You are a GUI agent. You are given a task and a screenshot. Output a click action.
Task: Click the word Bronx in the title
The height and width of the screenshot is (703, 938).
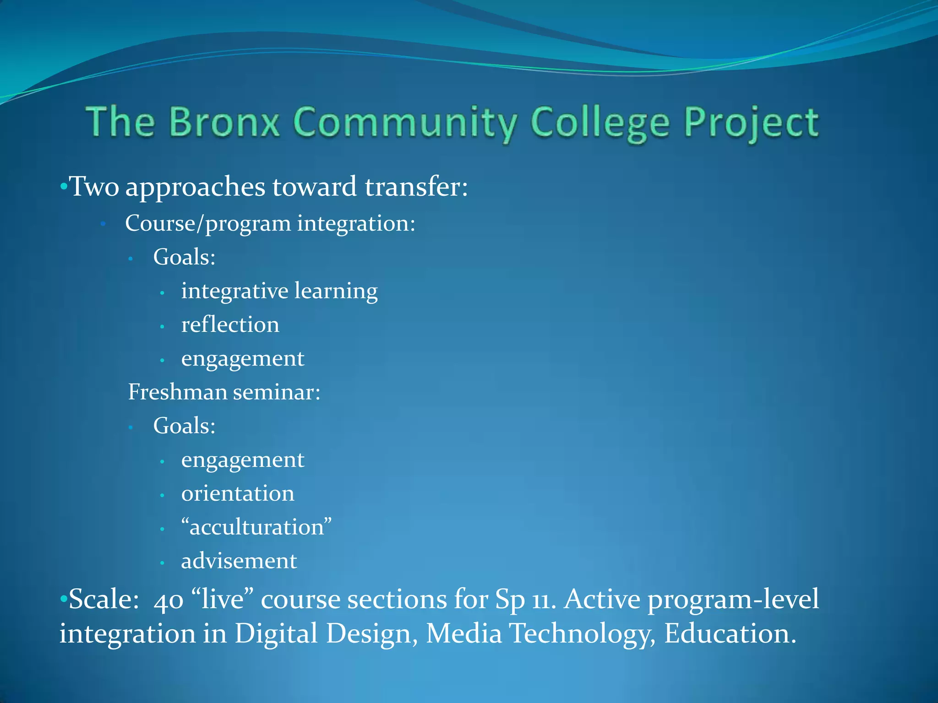coord(224,122)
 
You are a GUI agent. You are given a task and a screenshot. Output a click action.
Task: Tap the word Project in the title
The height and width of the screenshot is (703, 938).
coord(751,123)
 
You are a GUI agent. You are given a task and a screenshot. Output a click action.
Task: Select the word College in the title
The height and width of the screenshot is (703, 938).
coord(600,123)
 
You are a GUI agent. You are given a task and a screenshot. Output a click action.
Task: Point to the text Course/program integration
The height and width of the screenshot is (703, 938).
coord(270,223)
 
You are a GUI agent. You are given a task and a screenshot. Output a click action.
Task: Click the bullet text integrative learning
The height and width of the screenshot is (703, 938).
coord(279,291)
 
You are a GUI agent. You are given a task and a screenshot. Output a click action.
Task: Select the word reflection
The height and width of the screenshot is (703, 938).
coord(230,325)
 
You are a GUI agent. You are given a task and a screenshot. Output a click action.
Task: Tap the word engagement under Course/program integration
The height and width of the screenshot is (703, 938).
coord(243,359)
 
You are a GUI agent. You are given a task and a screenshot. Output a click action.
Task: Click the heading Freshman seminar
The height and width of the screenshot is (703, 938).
coord(224,392)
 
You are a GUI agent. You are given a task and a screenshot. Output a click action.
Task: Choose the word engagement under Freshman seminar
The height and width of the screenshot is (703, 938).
coord(243,460)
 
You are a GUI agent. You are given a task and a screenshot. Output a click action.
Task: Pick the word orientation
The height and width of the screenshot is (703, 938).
coord(238,493)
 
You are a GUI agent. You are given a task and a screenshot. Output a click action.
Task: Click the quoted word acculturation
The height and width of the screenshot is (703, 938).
coord(256,527)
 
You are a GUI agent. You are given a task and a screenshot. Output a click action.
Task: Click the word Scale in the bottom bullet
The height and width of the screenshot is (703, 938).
coord(103,599)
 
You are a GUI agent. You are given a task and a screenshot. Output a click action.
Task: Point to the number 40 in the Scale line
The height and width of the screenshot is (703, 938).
coord(169,600)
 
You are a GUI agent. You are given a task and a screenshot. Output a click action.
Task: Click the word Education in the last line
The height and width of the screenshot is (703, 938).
coord(730,633)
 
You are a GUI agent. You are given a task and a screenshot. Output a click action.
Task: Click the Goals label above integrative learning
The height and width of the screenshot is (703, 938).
coord(184,257)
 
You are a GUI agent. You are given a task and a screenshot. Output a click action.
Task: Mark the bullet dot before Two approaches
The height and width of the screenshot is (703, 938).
coord(64,187)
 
